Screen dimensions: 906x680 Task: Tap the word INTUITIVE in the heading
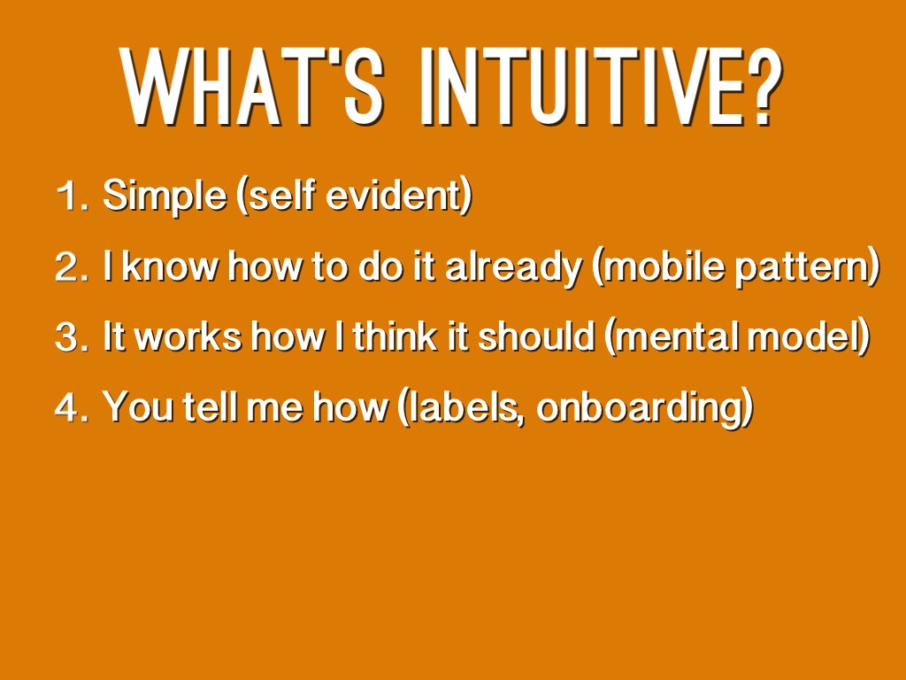coord(584,87)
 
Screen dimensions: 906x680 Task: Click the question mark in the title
coord(765,87)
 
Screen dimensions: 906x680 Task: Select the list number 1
coord(73,196)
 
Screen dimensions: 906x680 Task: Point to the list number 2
coord(73,267)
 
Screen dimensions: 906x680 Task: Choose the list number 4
coord(73,407)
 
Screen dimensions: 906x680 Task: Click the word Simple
coord(165,197)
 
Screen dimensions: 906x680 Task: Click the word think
coord(395,336)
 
